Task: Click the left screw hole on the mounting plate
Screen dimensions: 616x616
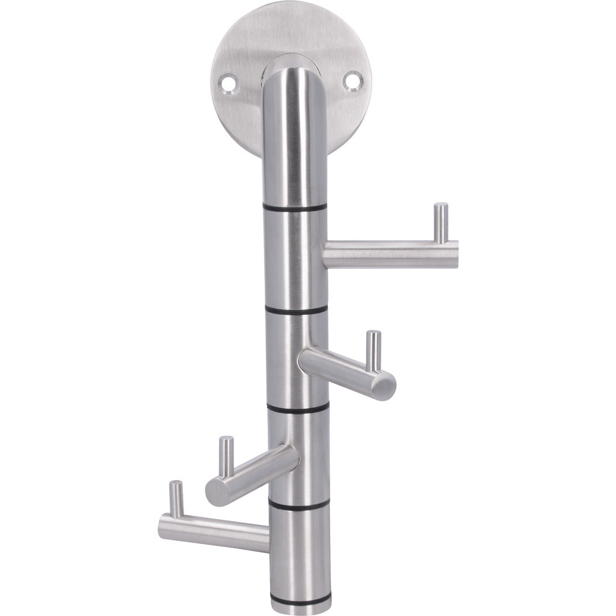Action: coord(230,80)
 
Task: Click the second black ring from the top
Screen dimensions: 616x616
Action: coord(295,310)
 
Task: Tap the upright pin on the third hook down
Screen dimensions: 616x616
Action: coord(227,457)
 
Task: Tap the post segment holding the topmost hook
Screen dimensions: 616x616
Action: coord(295,259)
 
